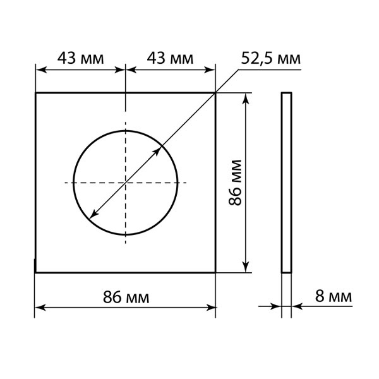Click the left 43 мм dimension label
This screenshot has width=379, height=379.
80,58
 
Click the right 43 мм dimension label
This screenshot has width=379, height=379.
170,58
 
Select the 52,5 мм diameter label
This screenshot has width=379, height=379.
271,59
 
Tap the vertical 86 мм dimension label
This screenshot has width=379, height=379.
235,183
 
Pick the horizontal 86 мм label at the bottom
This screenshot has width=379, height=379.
126,297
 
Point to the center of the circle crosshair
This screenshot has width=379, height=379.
126,183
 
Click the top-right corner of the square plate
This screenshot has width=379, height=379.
215,93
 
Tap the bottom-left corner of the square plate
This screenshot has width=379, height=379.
35,272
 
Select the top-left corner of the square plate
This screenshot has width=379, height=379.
36,93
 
